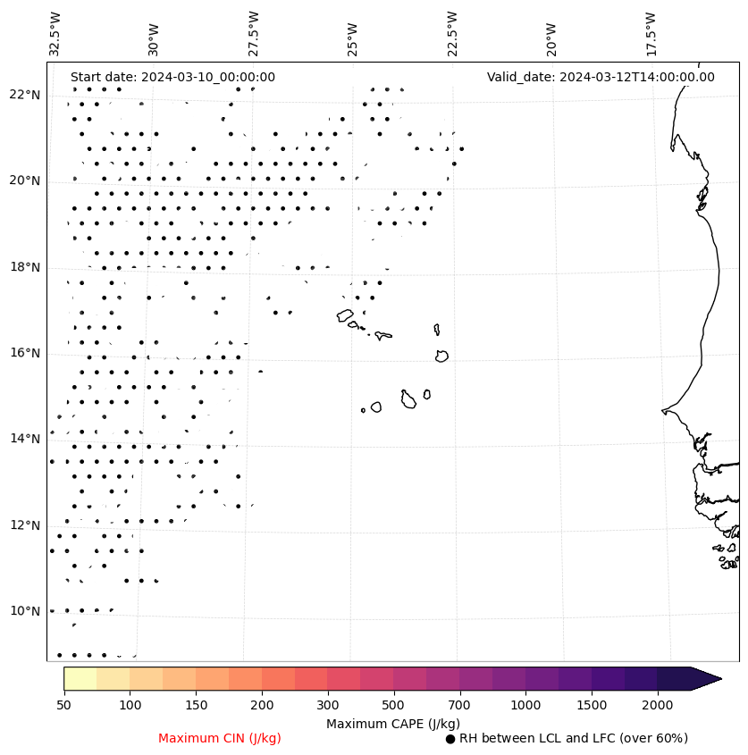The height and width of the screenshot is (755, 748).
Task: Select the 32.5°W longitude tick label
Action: [55, 34]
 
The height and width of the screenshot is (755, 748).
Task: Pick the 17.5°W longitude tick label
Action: [651, 34]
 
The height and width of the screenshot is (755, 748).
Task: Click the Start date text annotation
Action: [172, 78]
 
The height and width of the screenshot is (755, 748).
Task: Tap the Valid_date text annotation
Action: [601, 78]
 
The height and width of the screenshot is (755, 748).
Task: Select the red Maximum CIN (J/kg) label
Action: [220, 739]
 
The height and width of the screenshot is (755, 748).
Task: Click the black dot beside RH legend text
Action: [450, 739]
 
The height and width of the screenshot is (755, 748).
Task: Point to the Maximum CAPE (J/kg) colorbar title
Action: [392, 724]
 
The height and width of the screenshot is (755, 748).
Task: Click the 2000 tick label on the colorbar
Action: [657, 706]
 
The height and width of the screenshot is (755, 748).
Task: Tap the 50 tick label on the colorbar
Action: [63, 706]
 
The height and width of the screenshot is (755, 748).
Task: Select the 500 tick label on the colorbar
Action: [393, 706]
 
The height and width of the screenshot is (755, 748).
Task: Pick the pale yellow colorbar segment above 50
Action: [80, 679]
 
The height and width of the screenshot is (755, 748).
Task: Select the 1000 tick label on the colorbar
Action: [525, 706]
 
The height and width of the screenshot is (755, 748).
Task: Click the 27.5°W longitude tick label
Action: [254, 34]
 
